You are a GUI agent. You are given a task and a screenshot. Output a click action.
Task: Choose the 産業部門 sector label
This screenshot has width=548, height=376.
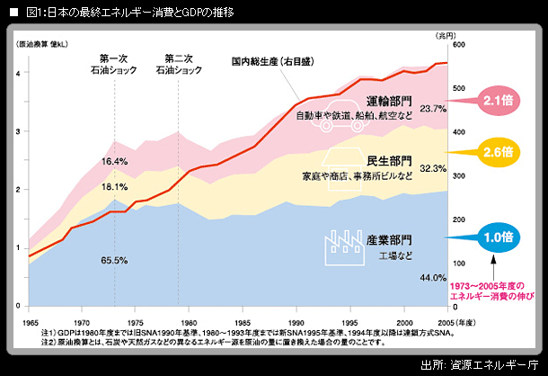point(389,240)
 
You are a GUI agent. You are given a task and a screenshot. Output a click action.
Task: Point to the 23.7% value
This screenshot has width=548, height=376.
point(433,109)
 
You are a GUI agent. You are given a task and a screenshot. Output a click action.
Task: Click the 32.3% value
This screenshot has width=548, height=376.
point(433,168)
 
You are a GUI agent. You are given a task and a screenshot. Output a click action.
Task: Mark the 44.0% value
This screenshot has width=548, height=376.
point(433,278)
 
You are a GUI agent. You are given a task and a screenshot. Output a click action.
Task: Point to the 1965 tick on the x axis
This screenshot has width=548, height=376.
point(31,321)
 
